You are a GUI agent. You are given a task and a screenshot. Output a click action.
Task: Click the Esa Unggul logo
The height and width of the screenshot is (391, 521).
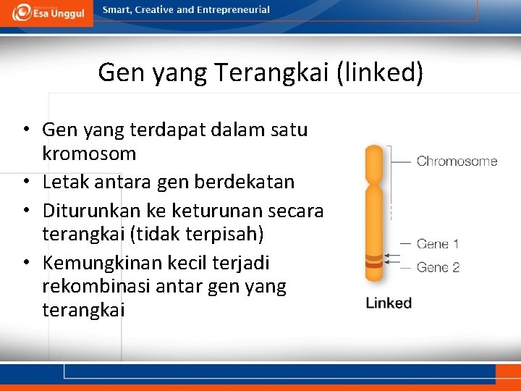[46, 12]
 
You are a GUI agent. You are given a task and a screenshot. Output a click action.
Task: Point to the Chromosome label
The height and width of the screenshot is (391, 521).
[457, 161]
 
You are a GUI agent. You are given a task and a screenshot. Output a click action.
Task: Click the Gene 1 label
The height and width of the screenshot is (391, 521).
[438, 244]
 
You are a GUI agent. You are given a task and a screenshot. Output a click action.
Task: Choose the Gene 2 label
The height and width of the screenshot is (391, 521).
[438, 267]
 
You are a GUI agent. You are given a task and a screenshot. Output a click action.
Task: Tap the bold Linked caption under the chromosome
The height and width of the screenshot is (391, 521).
[389, 303]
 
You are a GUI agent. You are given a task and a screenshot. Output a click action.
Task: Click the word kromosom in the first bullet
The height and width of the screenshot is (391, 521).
[89, 154]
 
